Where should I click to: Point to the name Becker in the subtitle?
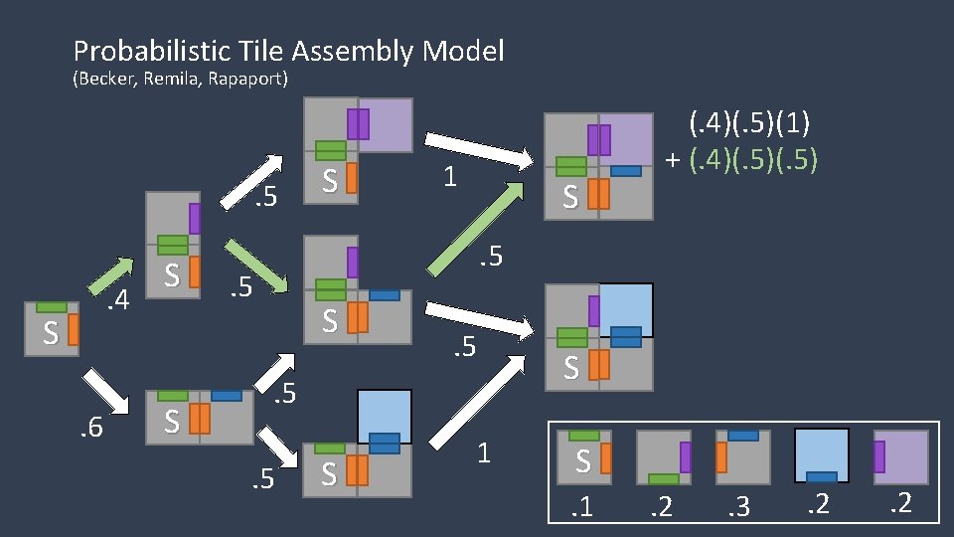pyautogui.click(x=107, y=80)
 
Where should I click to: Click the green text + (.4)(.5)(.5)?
pyautogui.click(x=741, y=158)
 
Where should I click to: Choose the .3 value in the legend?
pyautogui.click(x=738, y=507)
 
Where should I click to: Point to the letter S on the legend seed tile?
pyautogui.click(x=582, y=461)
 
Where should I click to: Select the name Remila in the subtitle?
pyautogui.click(x=173, y=80)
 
